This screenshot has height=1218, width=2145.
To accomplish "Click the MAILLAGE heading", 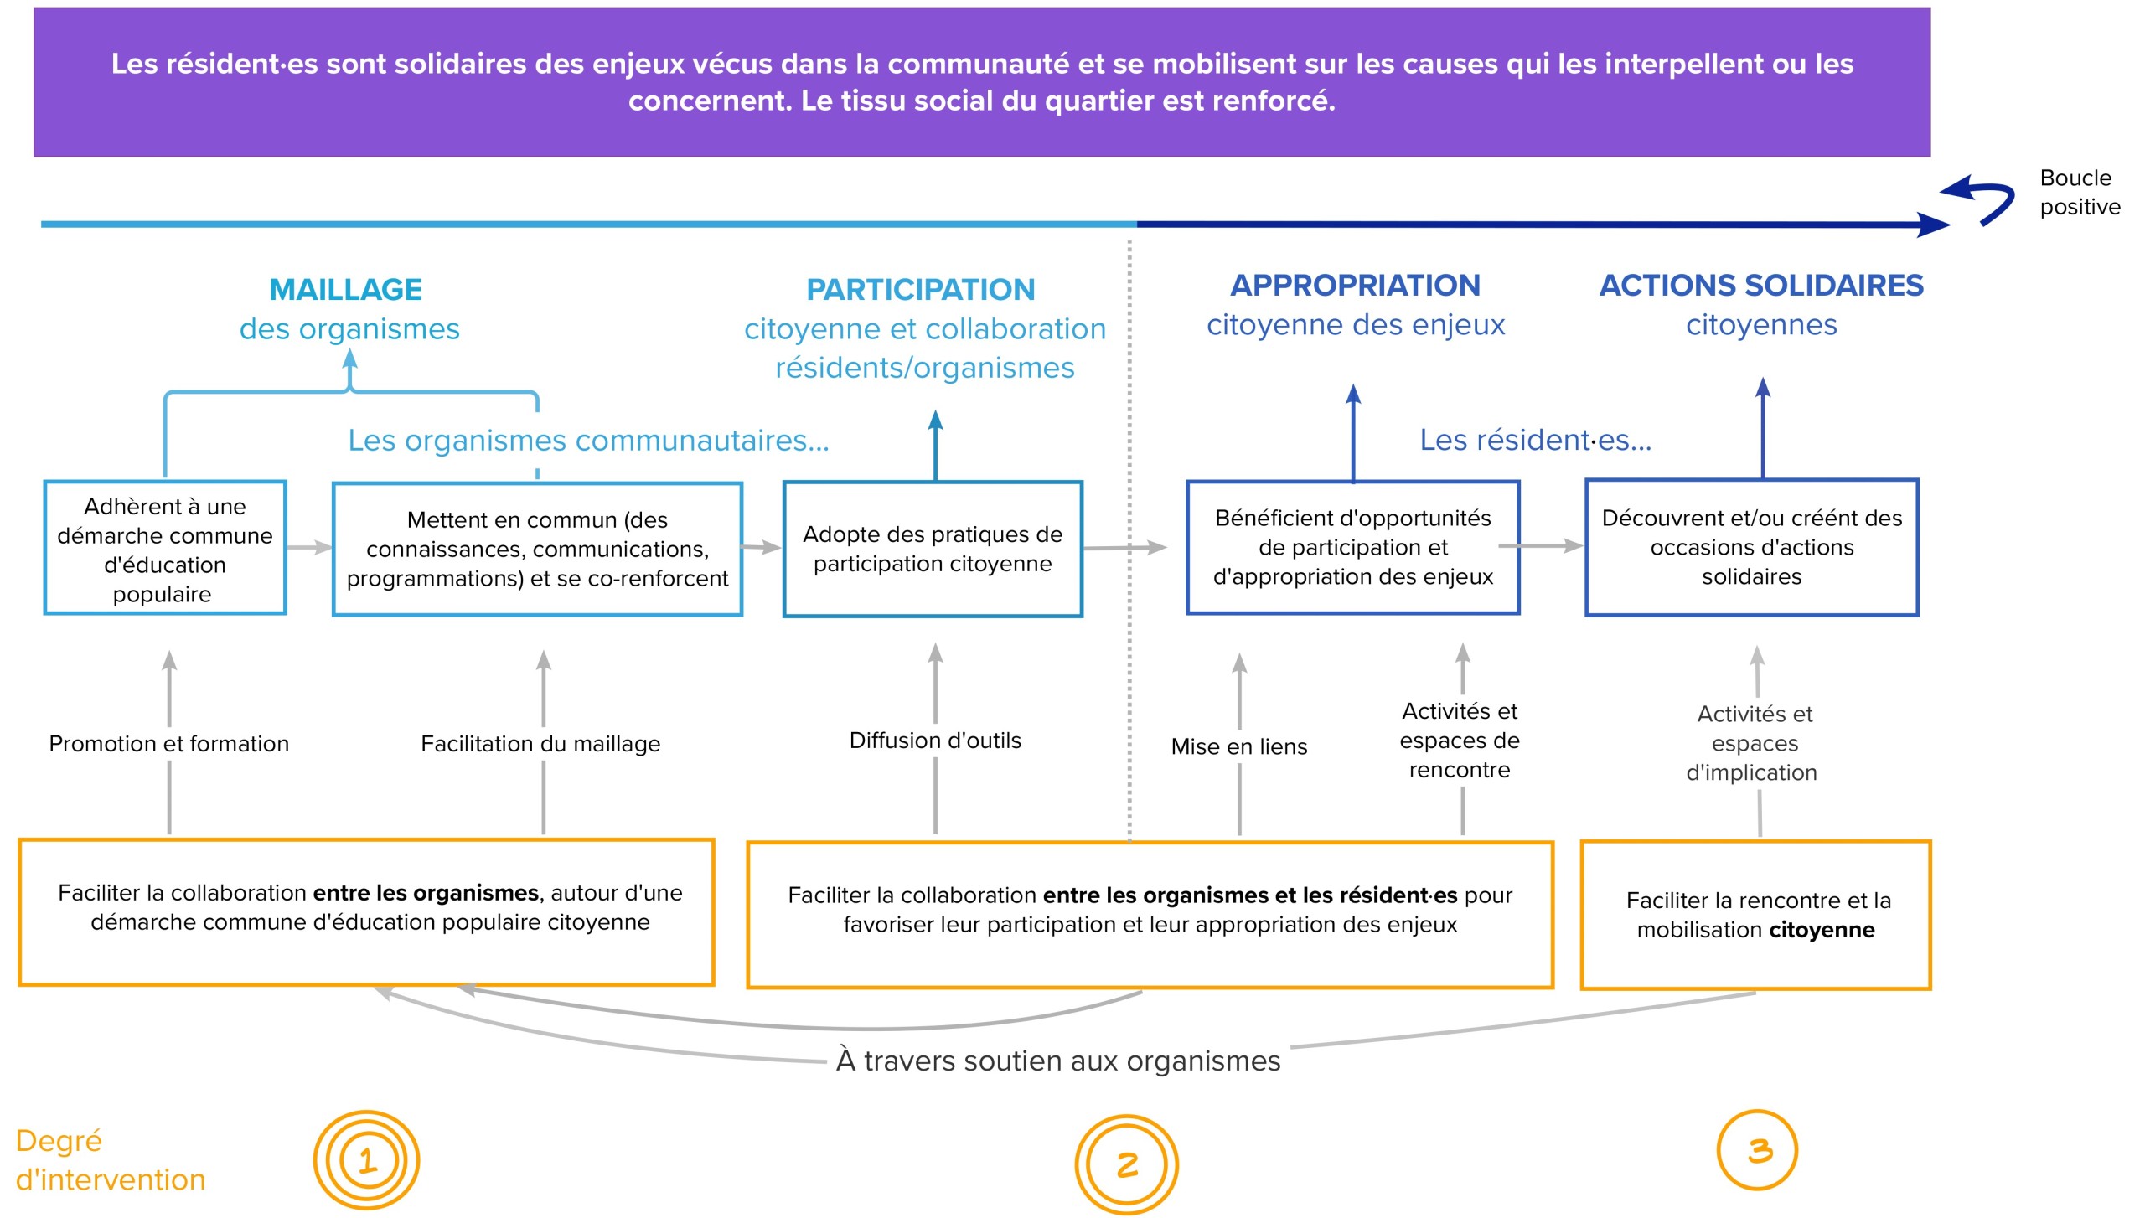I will [x=346, y=290].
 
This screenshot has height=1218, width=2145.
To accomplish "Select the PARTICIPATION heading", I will [x=920, y=290].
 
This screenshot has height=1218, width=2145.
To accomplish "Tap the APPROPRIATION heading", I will [x=1355, y=286].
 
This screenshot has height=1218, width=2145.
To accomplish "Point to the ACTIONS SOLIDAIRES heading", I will [x=1760, y=286].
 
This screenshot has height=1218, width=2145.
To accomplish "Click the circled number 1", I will [x=367, y=1161].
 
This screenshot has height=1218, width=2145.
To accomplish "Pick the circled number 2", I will [x=1127, y=1164].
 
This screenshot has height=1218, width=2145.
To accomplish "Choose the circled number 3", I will [x=1757, y=1150].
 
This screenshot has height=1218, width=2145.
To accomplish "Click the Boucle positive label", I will [x=2079, y=192].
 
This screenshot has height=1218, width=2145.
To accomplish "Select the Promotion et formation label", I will [x=168, y=744].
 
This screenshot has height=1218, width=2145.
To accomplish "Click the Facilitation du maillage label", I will [x=540, y=744].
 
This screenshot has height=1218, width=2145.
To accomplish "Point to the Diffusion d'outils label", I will [x=935, y=741].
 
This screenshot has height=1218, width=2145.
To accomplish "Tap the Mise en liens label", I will [x=1238, y=746].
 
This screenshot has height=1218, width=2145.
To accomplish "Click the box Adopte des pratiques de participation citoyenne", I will [x=933, y=550].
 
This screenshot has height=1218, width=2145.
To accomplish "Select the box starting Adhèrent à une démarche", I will [x=165, y=549].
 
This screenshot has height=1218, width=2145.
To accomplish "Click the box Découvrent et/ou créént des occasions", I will [x=1751, y=548].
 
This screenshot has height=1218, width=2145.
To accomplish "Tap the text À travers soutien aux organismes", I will [x=1057, y=1061].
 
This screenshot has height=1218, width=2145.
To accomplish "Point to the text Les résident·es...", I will [x=1535, y=440].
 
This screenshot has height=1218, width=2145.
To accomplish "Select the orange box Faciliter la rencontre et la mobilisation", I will [x=1755, y=915].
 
